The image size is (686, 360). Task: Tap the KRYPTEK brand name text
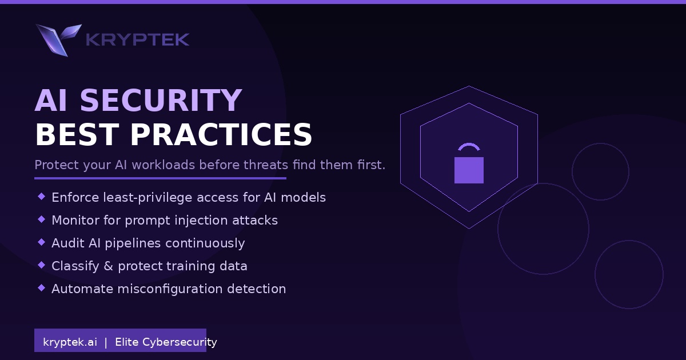click(137, 39)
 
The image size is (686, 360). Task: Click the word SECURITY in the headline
click(161, 101)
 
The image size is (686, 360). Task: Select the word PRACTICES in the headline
click(221, 135)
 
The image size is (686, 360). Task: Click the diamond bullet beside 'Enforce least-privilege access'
click(41, 197)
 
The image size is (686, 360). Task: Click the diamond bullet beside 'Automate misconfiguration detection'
click(41, 288)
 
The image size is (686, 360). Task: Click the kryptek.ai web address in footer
click(70, 342)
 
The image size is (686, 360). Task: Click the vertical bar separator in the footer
click(106, 342)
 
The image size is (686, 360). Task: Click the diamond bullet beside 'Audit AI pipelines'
click(41, 242)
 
